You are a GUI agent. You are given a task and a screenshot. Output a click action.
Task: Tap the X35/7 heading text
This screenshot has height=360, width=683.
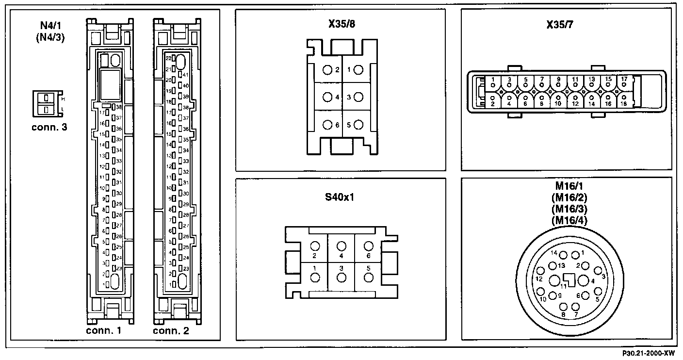coord(566,24)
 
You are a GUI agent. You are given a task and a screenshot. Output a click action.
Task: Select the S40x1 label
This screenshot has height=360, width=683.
coord(340,198)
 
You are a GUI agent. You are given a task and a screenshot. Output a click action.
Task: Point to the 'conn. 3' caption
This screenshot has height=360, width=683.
coord(49,128)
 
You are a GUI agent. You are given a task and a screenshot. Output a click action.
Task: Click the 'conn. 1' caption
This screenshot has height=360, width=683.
coord(103,331)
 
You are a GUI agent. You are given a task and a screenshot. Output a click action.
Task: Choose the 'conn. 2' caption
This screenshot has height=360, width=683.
coord(171,331)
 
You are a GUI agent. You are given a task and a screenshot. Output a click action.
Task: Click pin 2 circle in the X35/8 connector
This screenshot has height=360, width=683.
coord(326,70)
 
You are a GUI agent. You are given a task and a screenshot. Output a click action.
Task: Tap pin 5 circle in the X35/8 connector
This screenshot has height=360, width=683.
coord(358,125)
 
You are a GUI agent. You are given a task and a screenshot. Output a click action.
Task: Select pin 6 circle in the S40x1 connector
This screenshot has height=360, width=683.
coord(369,246)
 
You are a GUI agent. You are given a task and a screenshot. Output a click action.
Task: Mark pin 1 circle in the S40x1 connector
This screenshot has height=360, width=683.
coord(315,278)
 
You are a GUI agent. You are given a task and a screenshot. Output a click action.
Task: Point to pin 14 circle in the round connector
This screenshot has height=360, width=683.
coord(563,254)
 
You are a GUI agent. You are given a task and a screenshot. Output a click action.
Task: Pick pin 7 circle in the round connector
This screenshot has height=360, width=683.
coord(576,307)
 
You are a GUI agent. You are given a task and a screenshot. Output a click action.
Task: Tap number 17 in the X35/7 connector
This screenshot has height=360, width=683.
coord(624,79)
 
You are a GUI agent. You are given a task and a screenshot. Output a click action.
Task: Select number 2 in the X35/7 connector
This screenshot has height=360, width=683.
coord(493,104)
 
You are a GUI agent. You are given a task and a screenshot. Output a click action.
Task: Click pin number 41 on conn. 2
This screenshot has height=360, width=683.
coord(186,75)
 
